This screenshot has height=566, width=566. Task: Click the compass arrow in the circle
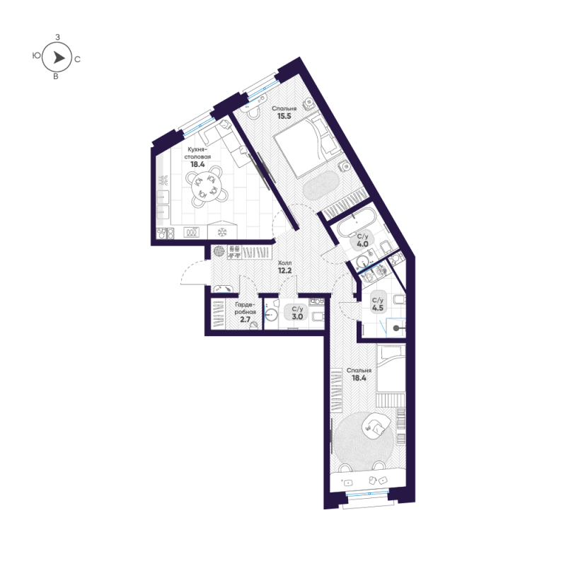(x=59, y=57)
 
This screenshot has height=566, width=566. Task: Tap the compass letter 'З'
(x=57, y=37)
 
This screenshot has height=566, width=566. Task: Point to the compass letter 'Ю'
(x=36, y=55)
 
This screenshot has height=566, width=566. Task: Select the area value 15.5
(x=284, y=116)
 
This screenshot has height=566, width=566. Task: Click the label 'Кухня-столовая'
(x=197, y=153)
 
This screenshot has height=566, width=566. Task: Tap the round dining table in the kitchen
(x=204, y=186)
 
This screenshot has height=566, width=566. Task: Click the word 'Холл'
(x=285, y=262)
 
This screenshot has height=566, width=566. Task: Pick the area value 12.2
(x=285, y=270)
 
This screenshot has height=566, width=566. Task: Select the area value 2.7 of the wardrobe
(x=245, y=320)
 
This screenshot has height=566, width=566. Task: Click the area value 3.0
(x=297, y=316)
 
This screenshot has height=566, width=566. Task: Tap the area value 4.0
(x=362, y=244)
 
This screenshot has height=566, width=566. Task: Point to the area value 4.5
(x=378, y=308)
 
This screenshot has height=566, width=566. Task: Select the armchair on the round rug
(x=376, y=427)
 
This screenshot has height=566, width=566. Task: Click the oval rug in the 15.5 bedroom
(x=320, y=185)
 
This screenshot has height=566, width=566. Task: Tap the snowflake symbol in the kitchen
(x=222, y=232)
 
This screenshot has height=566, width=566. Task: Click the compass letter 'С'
(x=77, y=59)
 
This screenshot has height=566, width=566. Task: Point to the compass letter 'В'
(x=56, y=76)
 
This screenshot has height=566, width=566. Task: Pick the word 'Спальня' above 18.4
(x=359, y=370)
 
